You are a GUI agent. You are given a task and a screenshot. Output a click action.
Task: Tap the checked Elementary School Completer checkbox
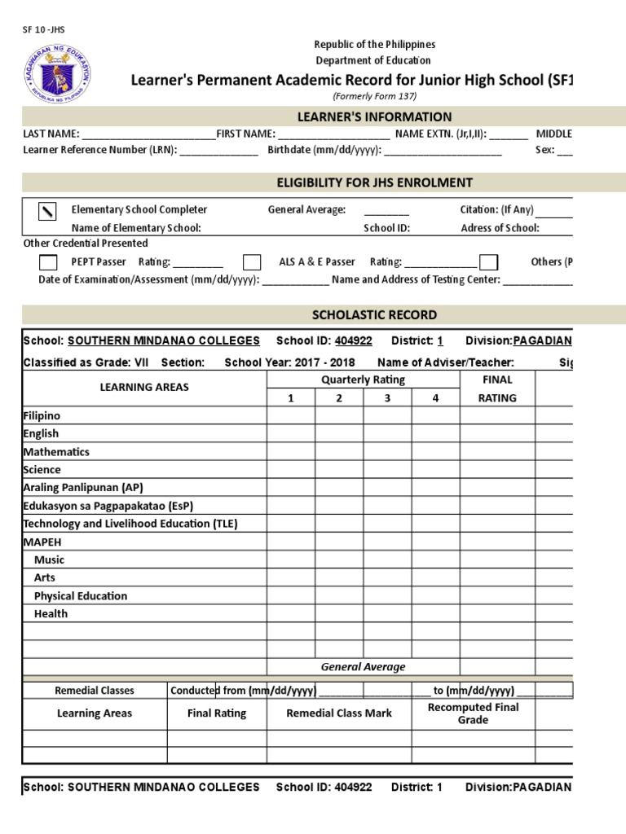48,211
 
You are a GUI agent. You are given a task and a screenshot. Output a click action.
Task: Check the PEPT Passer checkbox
48,261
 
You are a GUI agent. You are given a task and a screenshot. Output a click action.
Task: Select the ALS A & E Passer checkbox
252,261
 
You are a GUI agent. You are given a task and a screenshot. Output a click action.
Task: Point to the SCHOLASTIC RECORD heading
375,314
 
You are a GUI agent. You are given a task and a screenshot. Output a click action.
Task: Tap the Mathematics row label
56,452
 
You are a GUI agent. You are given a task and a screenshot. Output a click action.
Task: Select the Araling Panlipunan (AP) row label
83,488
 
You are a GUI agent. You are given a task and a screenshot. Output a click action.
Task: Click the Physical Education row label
81,595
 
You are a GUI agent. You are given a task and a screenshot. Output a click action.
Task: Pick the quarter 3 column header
387,397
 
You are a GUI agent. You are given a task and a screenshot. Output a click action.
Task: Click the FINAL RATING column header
497,388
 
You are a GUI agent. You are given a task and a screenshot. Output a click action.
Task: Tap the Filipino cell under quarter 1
290,415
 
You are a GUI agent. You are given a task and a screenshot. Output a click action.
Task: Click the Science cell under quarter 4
435,469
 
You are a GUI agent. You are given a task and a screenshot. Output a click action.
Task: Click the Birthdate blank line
443,151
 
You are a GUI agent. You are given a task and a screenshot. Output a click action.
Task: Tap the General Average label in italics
363,666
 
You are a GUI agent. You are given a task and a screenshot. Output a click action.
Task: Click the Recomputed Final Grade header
473,713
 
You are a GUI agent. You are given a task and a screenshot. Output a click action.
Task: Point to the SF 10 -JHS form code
43,29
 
